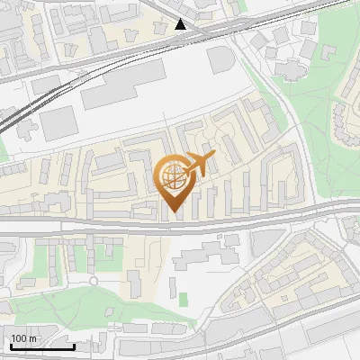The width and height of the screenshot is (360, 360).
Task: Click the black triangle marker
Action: tap(181, 24)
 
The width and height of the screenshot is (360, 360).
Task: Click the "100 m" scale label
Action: tap(24, 339)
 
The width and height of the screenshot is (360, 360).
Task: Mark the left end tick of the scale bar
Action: tap(10, 346)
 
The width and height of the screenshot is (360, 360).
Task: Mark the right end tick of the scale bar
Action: tap(74, 346)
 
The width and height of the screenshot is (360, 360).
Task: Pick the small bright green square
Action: tap(184, 299)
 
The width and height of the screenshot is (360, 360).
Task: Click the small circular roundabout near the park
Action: tap(94, 281)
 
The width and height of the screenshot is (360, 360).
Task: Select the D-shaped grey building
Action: tap(219, 61)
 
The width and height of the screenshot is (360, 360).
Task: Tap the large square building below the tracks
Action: tap(58, 122)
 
